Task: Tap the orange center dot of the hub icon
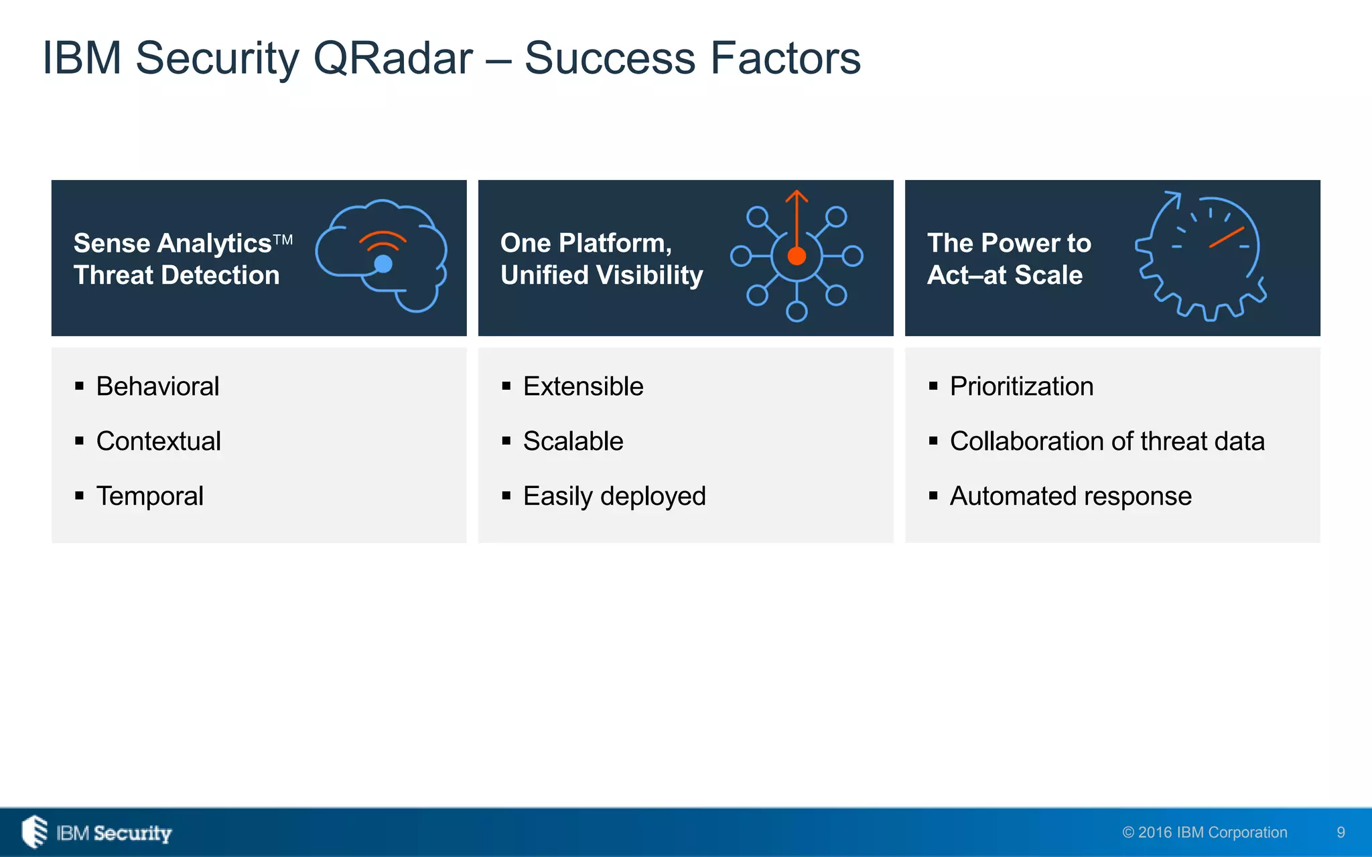[x=797, y=256]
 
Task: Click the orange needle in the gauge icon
[x=1227, y=237]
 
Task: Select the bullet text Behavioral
[x=157, y=386]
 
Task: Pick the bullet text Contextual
[x=158, y=441]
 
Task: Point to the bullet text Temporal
[x=149, y=496]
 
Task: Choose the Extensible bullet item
[x=583, y=386]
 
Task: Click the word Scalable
[x=573, y=441]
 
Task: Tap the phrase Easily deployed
[x=614, y=496]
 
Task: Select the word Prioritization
[x=1022, y=386]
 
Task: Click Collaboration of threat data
[x=1107, y=441]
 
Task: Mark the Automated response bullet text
[x=1071, y=496]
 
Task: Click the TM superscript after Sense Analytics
[x=283, y=239]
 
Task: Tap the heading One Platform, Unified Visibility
[x=601, y=258]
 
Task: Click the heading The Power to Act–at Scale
[x=1008, y=258]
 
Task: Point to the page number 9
[x=1341, y=832]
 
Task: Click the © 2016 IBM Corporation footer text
[x=1205, y=832]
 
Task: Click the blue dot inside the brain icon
[x=383, y=264]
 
